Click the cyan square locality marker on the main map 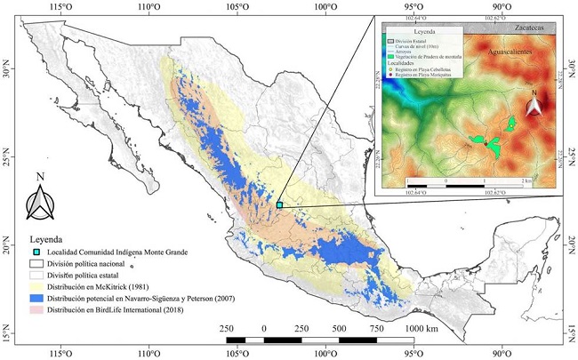click(x=279, y=204)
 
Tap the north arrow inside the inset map click(x=534, y=105)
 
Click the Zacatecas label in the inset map click(x=524, y=28)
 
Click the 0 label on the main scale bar click(x=264, y=328)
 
